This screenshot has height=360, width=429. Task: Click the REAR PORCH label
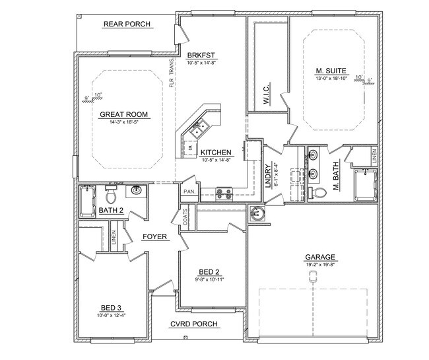127,24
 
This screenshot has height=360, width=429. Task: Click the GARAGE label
320,258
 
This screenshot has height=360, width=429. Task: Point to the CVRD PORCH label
194,324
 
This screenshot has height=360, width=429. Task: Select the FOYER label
154,236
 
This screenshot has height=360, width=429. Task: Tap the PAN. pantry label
187,192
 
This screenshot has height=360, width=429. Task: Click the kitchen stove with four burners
224,193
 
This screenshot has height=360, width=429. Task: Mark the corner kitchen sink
196,129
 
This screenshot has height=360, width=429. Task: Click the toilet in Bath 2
111,196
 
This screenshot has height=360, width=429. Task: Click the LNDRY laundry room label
268,176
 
